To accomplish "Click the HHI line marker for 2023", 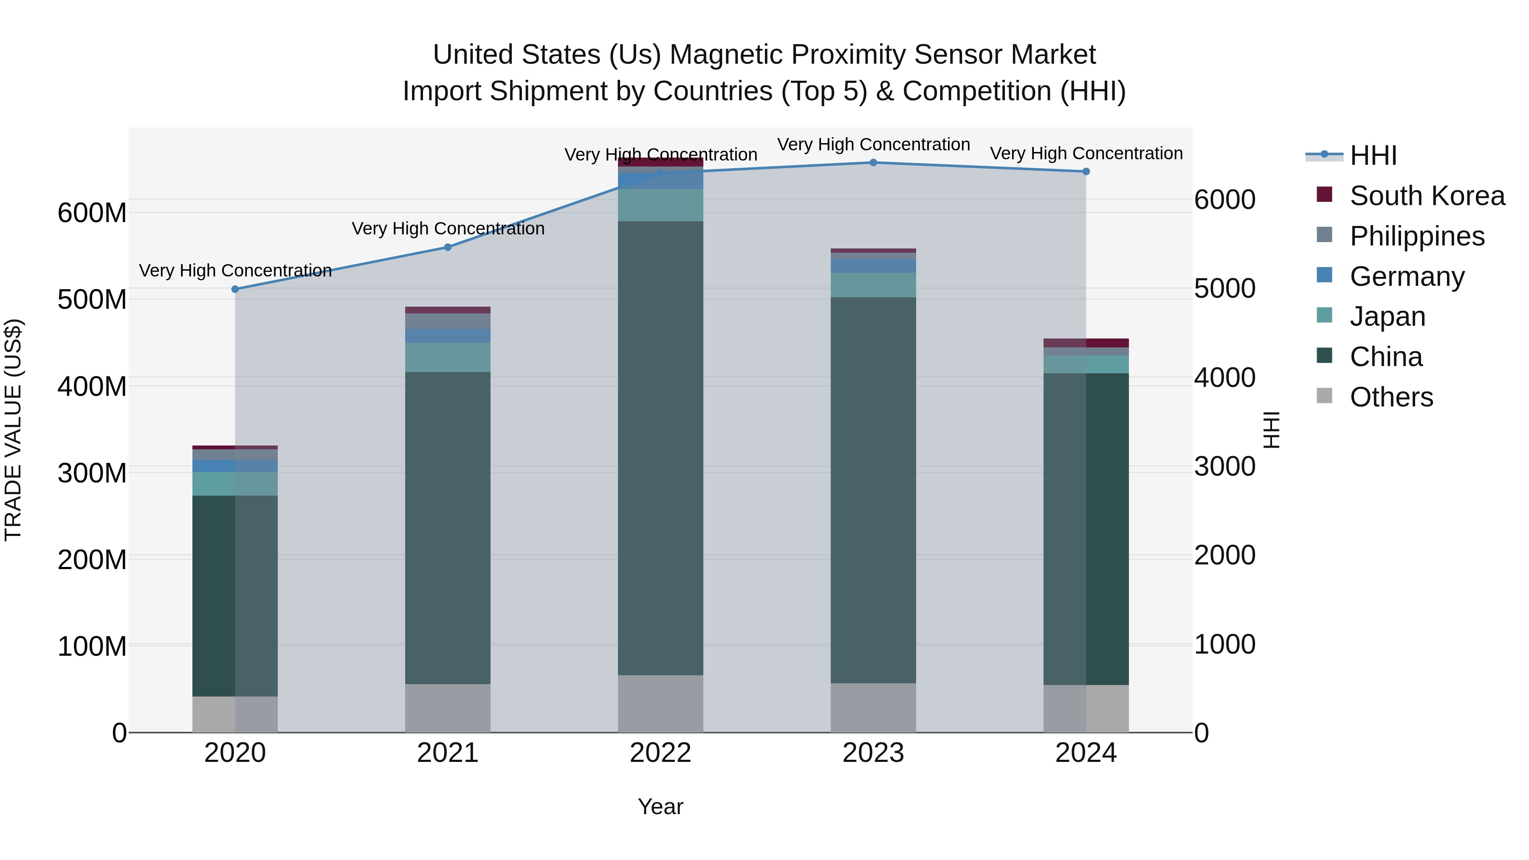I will click(x=873, y=163).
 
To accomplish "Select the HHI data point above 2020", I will click(x=235, y=289).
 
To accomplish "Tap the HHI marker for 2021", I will click(x=448, y=248).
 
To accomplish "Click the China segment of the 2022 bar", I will click(x=660, y=448).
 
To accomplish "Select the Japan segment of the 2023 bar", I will click(x=873, y=285).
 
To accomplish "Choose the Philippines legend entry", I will click(x=1417, y=236).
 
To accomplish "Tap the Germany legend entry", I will click(x=1407, y=276).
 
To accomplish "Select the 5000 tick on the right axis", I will click(x=1224, y=289).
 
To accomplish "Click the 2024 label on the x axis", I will click(x=1086, y=753).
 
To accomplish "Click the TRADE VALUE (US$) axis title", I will click(x=13, y=430).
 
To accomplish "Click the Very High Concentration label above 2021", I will click(x=448, y=228).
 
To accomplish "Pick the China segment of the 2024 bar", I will click(x=1086, y=528).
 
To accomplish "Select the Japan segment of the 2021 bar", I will click(x=448, y=357).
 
